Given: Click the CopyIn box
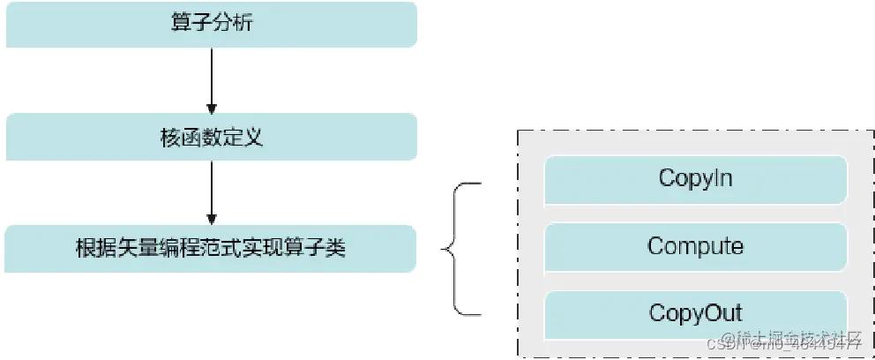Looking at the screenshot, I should pos(695,179).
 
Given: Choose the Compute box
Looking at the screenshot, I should pos(695,246).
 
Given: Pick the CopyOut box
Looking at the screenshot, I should pos(695,313).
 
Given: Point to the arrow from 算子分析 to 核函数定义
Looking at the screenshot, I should pos(211,80).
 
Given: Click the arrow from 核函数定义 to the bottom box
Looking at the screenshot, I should pos(211,192).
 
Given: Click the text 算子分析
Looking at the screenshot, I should pos(211,24).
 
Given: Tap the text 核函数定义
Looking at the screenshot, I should pos(211,137).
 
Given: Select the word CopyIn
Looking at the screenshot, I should pos(695,178).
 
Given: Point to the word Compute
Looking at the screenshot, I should pos(695,246).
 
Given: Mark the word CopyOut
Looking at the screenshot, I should pos(695,313).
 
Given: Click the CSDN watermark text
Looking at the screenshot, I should pos(729,346).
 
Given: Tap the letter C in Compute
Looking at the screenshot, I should pos(654,246).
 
